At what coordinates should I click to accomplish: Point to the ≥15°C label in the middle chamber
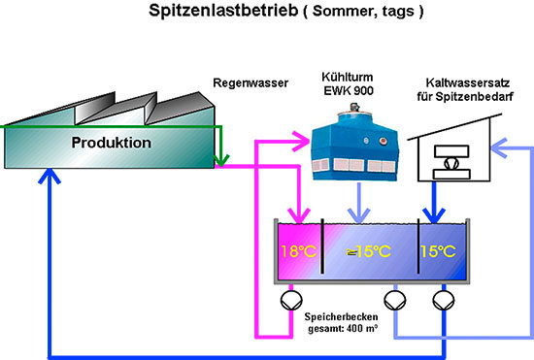[x=369, y=252]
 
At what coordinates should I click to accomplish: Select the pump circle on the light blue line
[x=394, y=298]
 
